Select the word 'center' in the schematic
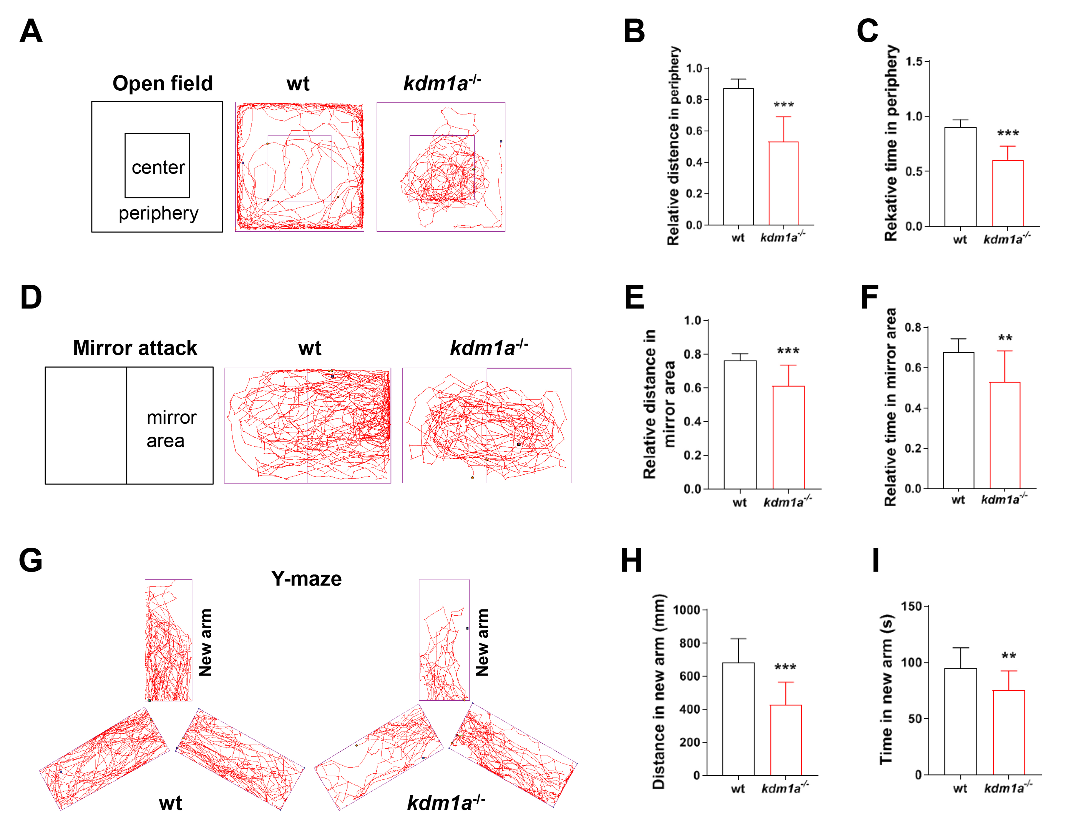[x=158, y=168]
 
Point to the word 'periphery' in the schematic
[x=158, y=213]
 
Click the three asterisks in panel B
[x=783, y=105]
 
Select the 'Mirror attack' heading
[x=135, y=348]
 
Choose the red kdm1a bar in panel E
[x=788, y=437]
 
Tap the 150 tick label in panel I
[x=911, y=606]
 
